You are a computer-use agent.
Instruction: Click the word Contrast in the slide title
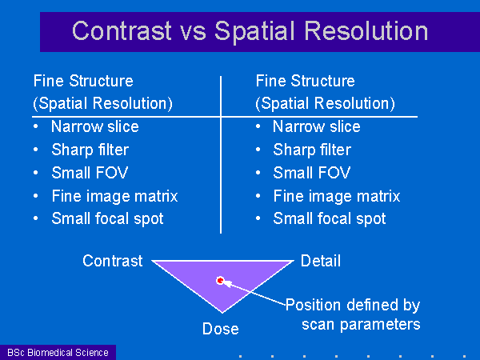tap(122, 30)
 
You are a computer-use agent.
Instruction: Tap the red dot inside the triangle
tap(220, 281)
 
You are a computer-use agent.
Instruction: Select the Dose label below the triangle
tap(221, 329)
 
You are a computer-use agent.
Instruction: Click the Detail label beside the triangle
tap(321, 261)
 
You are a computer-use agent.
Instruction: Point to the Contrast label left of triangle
tap(112, 261)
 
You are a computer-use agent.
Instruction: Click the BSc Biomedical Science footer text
tap(58, 352)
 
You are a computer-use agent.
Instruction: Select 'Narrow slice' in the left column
tap(95, 126)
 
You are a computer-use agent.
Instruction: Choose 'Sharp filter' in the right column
tap(312, 150)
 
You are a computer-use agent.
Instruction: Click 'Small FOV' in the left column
tap(90, 173)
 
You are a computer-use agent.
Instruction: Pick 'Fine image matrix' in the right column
tap(337, 196)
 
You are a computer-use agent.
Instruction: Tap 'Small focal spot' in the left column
tap(107, 218)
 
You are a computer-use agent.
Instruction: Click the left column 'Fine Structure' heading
tap(83, 81)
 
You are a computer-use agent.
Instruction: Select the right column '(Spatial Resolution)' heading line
tap(325, 103)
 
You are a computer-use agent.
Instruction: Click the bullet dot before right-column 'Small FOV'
tap(258, 173)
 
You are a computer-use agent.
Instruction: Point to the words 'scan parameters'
tap(361, 325)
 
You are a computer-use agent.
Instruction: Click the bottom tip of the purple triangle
tap(222, 313)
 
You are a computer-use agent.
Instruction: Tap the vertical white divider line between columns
tap(221, 154)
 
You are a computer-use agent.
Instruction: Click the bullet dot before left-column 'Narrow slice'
tap(36, 126)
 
